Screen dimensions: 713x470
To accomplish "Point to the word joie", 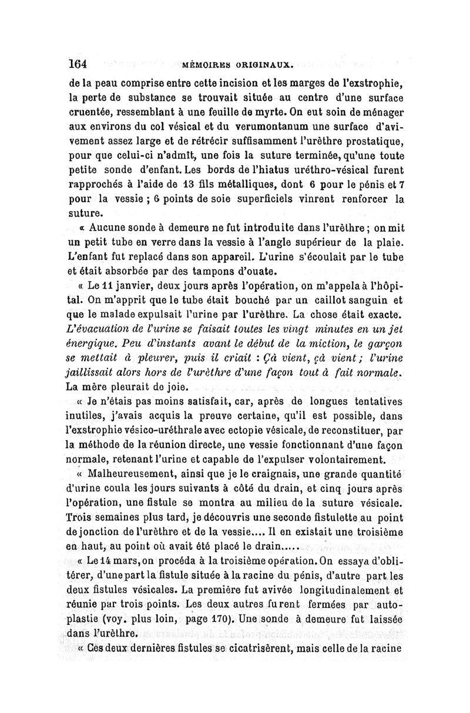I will tap(174, 387).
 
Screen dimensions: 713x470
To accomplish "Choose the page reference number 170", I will tap(224, 617).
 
